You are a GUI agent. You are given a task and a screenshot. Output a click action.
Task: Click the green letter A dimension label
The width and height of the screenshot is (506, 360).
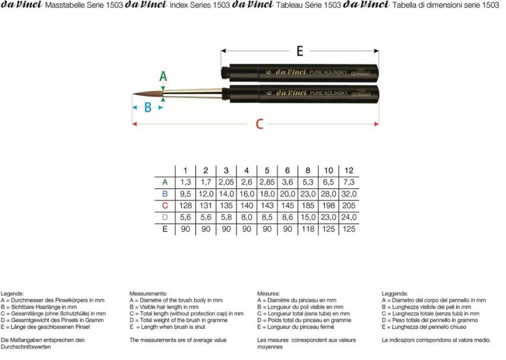164,76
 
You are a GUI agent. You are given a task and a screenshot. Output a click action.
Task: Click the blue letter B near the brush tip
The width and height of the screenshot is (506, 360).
148,108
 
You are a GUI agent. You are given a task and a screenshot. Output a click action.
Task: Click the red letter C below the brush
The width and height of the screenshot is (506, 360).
259,124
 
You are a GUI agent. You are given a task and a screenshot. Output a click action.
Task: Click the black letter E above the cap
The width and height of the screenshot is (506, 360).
299,52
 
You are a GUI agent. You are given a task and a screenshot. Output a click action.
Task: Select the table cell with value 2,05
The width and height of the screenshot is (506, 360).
226,182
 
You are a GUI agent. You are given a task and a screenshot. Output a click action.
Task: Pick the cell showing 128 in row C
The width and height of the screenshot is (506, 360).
185,205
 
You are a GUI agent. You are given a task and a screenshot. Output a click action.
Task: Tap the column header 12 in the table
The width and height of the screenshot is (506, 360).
349,171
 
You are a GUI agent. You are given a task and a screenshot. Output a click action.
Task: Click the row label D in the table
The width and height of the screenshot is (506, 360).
165,217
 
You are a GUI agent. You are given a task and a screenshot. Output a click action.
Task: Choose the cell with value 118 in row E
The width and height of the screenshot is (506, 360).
308,229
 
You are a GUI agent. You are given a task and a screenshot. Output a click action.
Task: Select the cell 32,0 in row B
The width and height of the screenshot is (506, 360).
349,194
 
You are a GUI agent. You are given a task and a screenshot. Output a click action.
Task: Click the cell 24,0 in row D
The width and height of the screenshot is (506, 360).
349,217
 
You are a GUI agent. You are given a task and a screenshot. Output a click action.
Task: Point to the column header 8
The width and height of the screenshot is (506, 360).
308,171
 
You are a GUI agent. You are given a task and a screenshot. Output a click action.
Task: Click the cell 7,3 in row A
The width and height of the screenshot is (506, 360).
349,182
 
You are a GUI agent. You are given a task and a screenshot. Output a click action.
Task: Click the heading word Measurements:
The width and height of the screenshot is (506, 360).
148,294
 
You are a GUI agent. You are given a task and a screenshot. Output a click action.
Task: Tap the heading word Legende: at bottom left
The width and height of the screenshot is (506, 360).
12,294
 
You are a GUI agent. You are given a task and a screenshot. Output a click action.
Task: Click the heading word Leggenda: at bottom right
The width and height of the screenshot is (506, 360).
395,294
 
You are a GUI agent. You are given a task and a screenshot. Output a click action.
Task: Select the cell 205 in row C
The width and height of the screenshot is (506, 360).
349,205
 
